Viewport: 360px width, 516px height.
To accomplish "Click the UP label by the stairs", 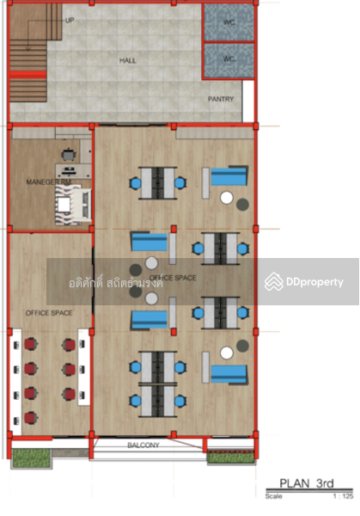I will click(69, 20).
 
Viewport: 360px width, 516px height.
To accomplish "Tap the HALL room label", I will click(127, 61).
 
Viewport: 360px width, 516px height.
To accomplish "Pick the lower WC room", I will click(229, 60).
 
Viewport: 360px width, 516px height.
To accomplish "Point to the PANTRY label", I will click(221, 99).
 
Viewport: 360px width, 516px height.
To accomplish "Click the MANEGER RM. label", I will click(50, 181).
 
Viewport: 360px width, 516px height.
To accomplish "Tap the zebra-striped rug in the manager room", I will click(72, 205).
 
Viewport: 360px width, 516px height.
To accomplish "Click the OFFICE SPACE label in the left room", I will click(49, 312).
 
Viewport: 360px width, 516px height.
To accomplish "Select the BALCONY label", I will click(143, 445).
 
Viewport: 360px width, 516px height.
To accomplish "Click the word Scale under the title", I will click(273, 496).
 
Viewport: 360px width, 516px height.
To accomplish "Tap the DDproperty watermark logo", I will click(305, 282).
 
